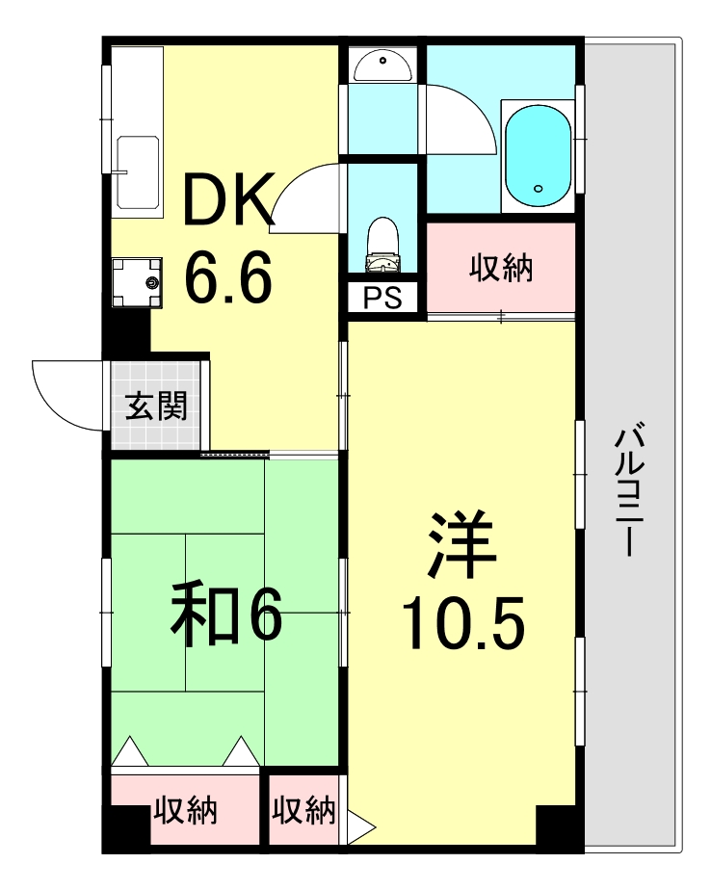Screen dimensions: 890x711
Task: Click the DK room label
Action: pyautogui.click(x=228, y=203)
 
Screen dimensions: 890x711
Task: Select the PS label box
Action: pyautogui.click(x=382, y=299)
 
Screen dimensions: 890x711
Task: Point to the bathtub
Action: pyautogui.click(x=538, y=155)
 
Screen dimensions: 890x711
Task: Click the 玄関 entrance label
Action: pyautogui.click(x=156, y=407)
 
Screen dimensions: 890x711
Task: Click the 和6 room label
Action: pyautogui.click(x=225, y=615)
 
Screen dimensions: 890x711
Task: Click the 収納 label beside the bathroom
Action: pyautogui.click(x=501, y=269)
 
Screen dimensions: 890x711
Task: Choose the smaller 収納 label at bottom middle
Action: pyautogui.click(x=303, y=811)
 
